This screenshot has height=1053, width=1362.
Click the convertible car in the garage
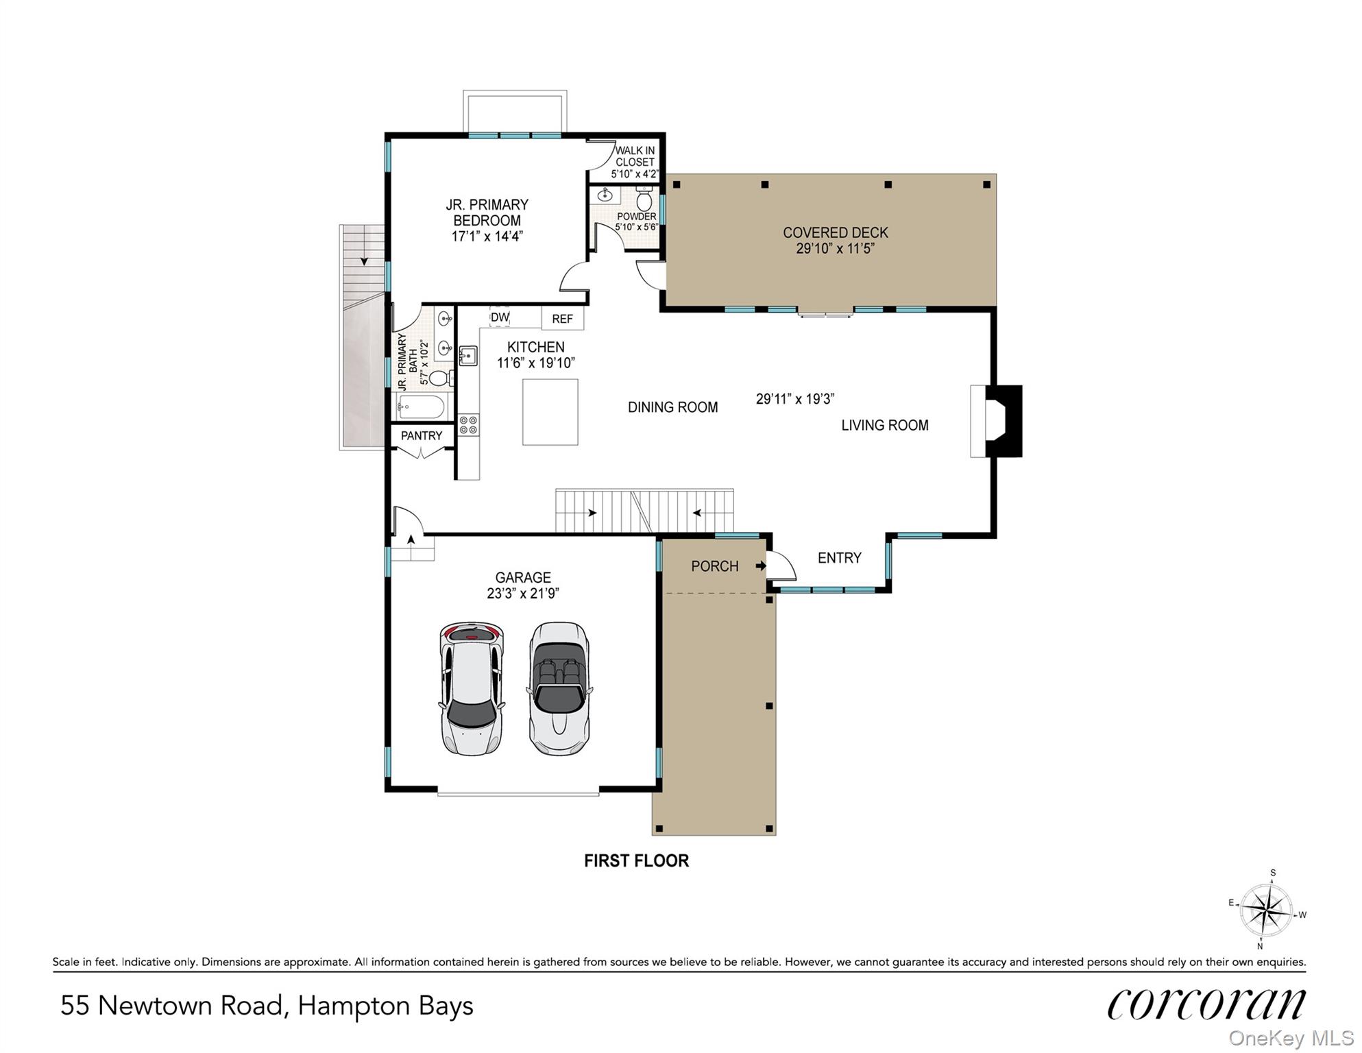point(559,688)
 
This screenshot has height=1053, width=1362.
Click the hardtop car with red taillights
point(472,688)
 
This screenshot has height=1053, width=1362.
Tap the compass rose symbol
point(1267,910)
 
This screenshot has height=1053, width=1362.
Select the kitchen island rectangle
point(550,412)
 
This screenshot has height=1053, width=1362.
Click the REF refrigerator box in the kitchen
point(563,318)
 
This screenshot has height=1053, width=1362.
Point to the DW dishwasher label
point(500,317)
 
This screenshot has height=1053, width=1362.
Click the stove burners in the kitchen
point(469,424)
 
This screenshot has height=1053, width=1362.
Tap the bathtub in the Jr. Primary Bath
point(422,407)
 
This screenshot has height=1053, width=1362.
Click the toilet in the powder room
point(644,198)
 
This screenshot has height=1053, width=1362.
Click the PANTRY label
point(422,435)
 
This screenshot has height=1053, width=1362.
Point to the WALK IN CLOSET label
point(635,156)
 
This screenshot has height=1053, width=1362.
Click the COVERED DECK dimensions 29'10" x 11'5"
point(835,248)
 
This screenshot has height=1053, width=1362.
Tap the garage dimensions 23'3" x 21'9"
point(523,594)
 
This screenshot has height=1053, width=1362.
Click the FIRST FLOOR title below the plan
point(636,861)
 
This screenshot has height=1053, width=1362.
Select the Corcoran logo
point(1206,1004)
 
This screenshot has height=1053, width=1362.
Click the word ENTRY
point(840,558)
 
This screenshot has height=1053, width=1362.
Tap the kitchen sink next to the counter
point(468,356)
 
